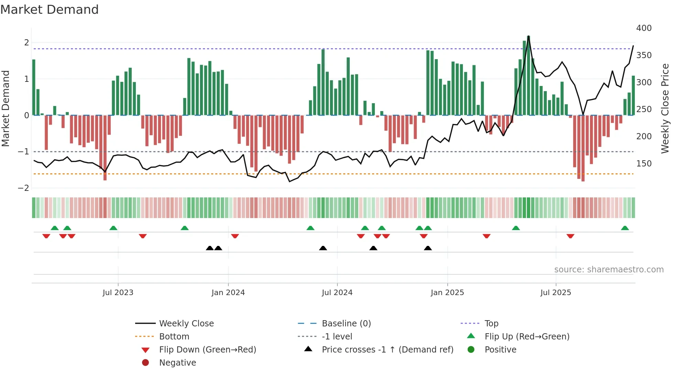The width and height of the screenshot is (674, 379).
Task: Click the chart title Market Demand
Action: tap(50, 10)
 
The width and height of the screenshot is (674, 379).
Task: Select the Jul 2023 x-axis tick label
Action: tap(118, 293)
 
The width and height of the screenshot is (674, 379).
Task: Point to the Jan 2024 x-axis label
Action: tap(228, 293)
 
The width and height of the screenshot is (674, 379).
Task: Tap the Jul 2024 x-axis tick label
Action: tap(337, 293)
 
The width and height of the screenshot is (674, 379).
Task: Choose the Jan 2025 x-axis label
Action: tap(447, 293)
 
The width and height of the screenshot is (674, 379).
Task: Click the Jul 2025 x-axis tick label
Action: tap(556, 293)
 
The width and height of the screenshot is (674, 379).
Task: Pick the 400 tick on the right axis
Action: tap(644, 28)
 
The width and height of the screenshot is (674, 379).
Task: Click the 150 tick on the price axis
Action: tap(644, 164)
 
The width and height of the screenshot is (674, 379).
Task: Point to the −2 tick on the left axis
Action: tap(23, 188)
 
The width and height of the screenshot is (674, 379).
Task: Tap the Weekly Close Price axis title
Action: tap(665, 108)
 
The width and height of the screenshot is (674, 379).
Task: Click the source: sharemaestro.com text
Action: tap(609, 270)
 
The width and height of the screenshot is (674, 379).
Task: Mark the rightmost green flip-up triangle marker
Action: tap(625, 228)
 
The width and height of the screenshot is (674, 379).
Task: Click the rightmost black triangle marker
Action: tap(428, 248)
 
